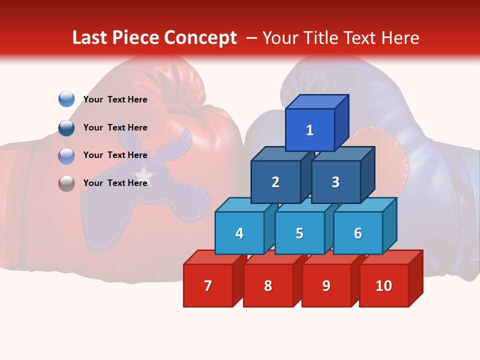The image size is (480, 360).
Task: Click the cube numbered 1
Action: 310,130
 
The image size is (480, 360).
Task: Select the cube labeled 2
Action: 275,182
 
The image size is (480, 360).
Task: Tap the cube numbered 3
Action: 335,182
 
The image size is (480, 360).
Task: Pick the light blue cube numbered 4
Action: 239,233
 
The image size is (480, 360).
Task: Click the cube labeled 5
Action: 299,233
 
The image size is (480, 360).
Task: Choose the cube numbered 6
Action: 357,233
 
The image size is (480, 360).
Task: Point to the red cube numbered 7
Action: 207,285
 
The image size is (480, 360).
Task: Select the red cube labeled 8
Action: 268,285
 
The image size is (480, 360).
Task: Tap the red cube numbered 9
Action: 326,285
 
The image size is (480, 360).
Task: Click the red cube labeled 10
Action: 383,285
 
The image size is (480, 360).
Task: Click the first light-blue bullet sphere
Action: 66,99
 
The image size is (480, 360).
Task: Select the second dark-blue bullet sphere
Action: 66,127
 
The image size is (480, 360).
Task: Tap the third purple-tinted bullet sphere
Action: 66,155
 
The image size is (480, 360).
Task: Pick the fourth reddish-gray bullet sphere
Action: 66,183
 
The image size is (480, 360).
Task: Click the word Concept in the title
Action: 200,38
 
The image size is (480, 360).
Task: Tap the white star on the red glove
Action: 144,175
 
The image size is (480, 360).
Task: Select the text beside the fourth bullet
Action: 115,183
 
